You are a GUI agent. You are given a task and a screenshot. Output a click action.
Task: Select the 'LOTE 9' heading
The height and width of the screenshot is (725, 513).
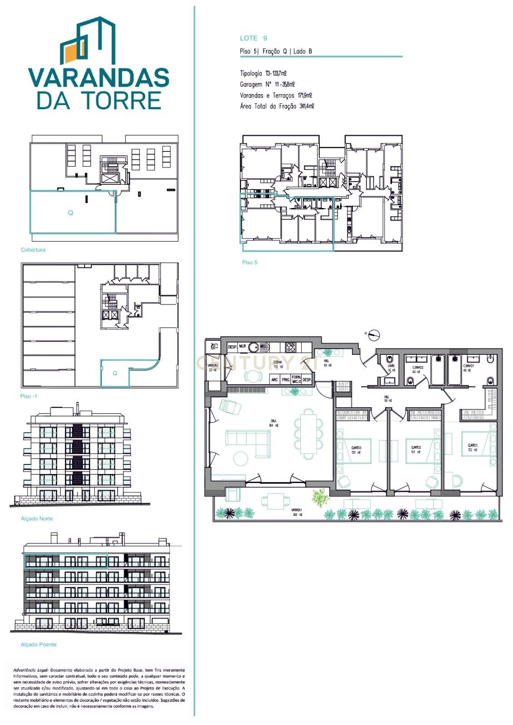(254, 39)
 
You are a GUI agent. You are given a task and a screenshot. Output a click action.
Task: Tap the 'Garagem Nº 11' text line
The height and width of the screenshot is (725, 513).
(267, 84)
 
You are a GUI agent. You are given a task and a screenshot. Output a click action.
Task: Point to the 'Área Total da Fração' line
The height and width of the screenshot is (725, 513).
(277, 106)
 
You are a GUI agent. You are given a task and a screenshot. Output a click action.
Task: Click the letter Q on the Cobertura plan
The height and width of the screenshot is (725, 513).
(70, 213)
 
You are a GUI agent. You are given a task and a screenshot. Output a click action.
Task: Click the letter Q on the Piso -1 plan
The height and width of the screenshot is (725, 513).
(115, 373)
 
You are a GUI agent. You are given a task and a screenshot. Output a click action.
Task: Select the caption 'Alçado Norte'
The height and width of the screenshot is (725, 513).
(37, 518)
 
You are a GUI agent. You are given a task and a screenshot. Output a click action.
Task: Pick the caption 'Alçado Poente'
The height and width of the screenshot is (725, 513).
(39, 644)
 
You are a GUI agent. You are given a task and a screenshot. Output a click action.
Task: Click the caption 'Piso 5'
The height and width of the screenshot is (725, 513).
(249, 262)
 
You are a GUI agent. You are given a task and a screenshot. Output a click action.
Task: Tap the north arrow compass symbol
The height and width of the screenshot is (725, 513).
(374, 335)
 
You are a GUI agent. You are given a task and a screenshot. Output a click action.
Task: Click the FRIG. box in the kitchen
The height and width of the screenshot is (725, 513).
(286, 380)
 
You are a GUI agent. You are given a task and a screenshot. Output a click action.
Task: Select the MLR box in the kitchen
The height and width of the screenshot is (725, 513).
(243, 347)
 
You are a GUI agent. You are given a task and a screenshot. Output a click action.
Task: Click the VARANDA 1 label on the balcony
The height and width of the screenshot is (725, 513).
(298, 512)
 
